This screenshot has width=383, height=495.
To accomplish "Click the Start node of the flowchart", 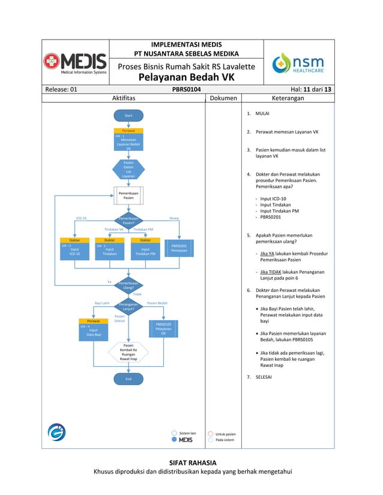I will [x=128, y=115].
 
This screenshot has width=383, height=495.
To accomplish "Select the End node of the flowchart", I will [x=128, y=379].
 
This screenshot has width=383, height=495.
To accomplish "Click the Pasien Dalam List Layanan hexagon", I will [x=128, y=169].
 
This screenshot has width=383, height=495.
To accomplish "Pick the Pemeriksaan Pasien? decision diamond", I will [x=128, y=221].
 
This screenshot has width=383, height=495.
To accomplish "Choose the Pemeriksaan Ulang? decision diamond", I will [x=128, y=285].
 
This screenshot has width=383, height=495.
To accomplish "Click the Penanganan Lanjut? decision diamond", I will [x=128, y=307].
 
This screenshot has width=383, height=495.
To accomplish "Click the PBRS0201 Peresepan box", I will [x=179, y=248].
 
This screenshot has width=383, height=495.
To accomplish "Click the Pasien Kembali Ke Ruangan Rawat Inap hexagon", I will [x=128, y=352].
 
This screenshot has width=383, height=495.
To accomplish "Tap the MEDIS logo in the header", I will [x=75, y=64].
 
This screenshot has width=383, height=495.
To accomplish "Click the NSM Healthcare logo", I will [x=298, y=63].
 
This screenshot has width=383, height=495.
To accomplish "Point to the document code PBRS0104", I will [x=186, y=89].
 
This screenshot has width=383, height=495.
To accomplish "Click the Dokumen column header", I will [x=223, y=98].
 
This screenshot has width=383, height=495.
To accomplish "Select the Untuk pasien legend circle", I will [x=211, y=433].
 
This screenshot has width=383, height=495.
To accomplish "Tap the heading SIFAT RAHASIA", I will [x=192, y=462].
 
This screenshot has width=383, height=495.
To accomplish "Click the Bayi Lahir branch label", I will [x=102, y=303].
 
